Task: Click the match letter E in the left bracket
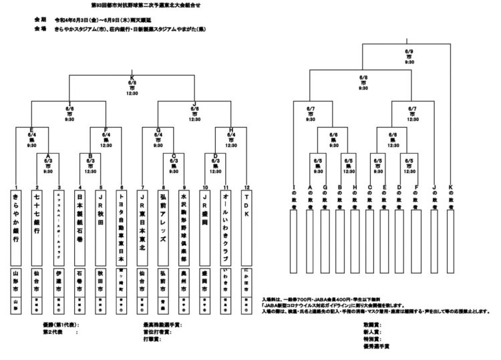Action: [31, 132]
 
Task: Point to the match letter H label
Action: [231, 132]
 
